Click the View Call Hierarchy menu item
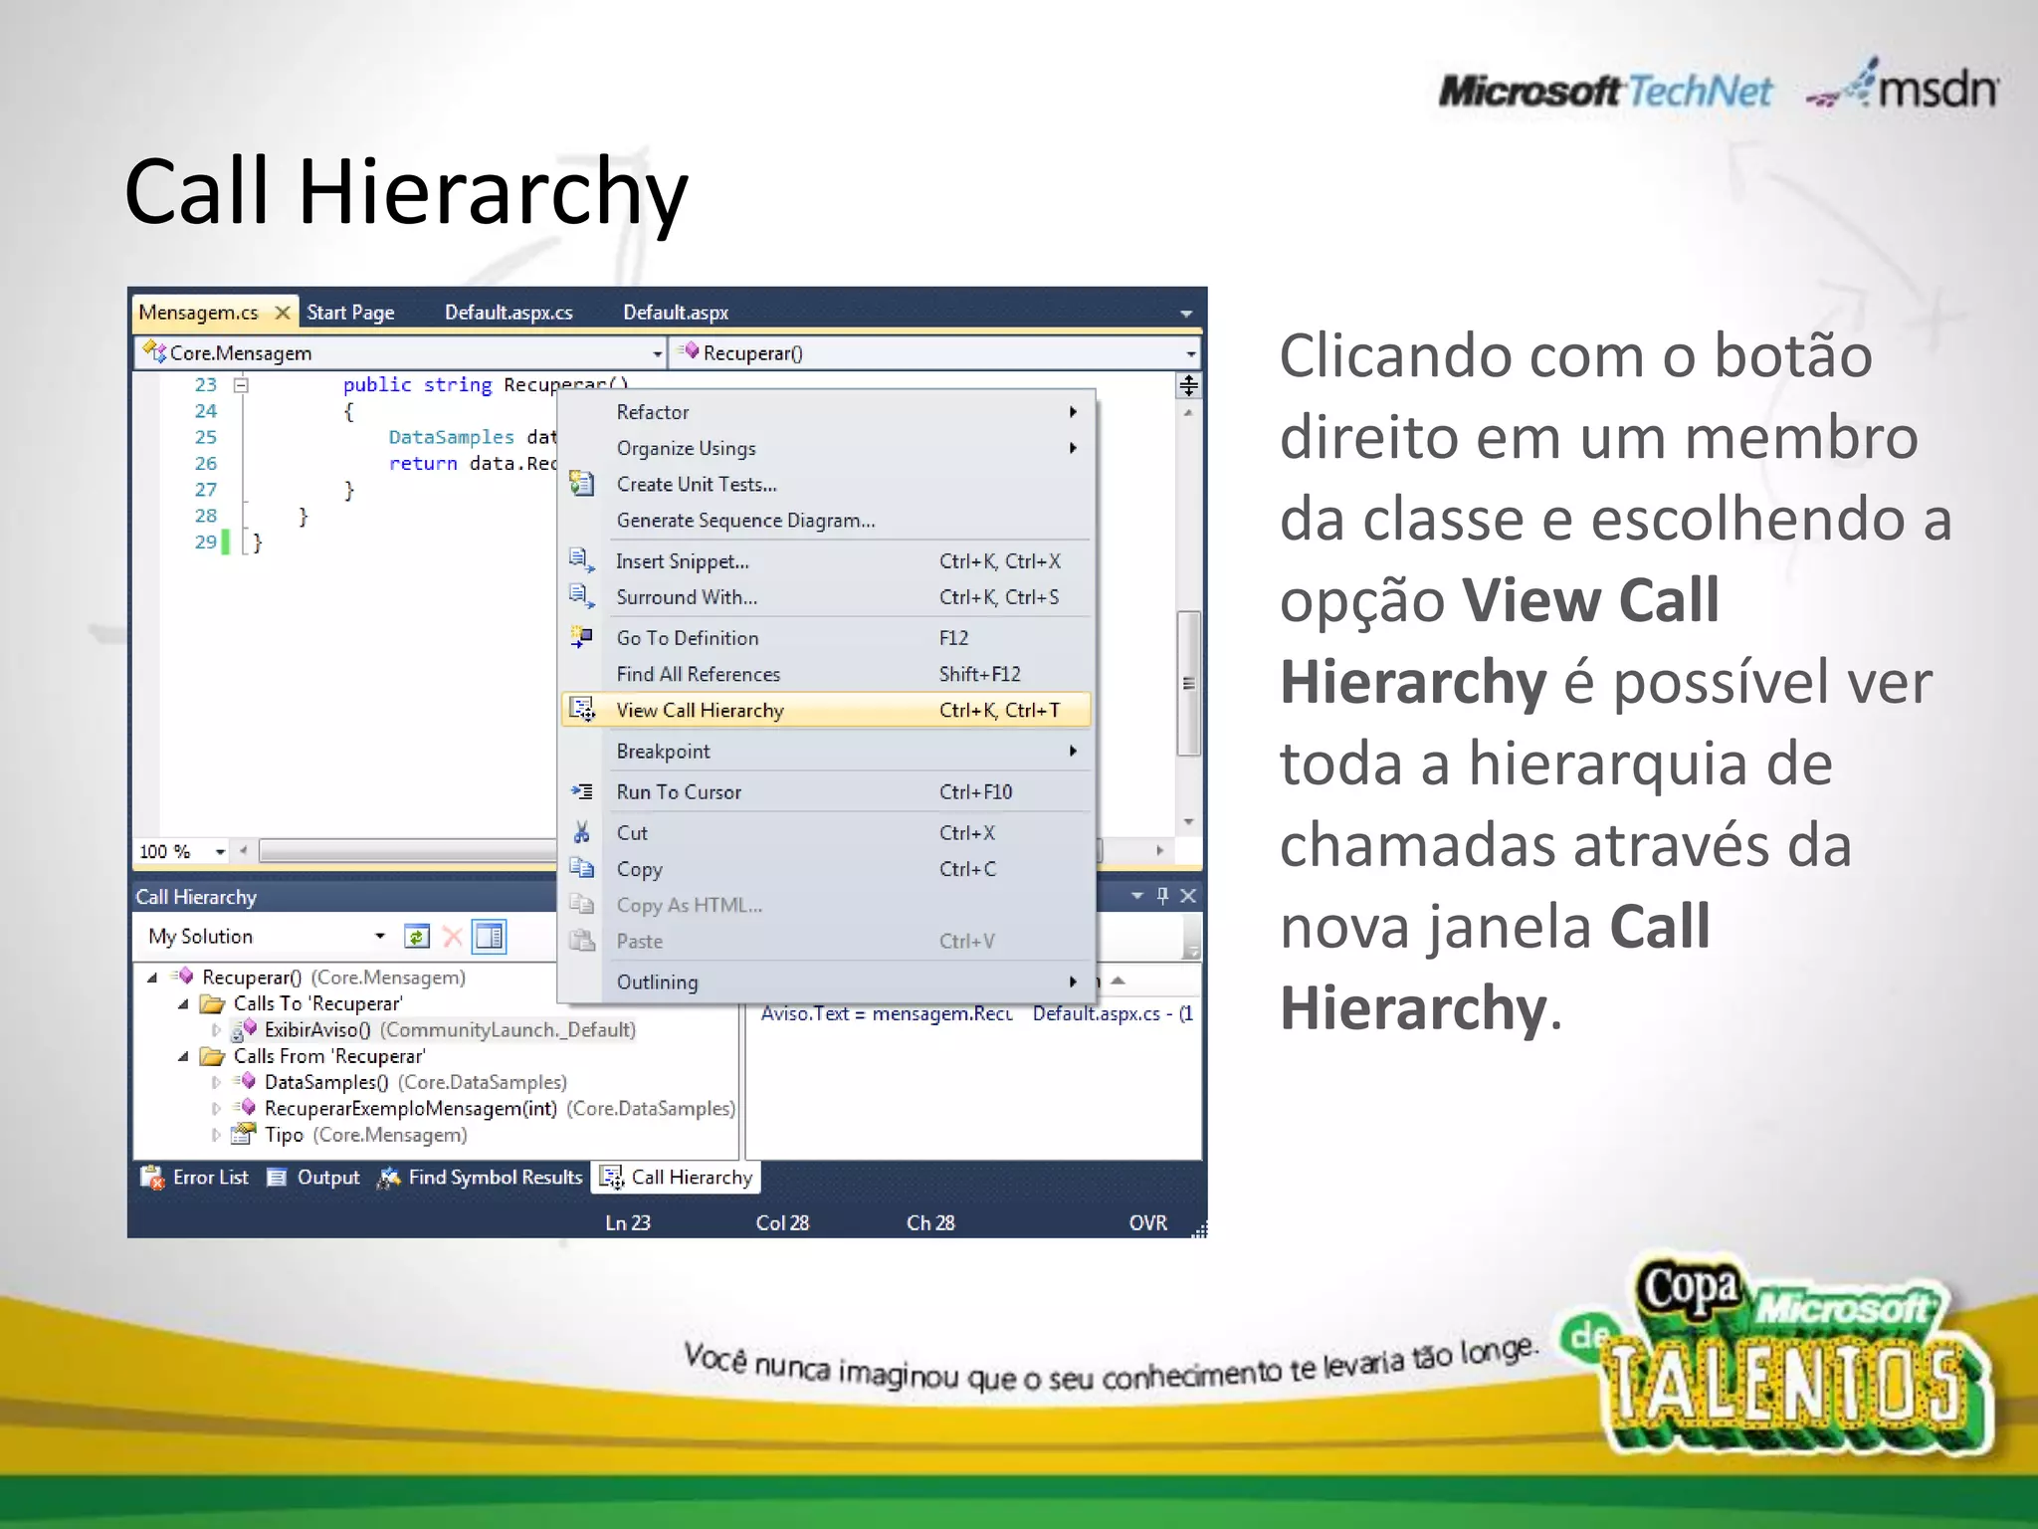coord(700,710)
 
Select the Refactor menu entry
coord(652,412)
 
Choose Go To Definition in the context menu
coord(687,638)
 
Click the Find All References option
coord(698,674)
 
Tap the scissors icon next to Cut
coord(582,832)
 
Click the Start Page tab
coord(350,313)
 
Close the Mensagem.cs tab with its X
coord(283,313)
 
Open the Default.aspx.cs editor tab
coord(509,313)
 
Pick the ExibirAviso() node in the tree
coord(316,1030)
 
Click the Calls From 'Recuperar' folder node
coord(328,1056)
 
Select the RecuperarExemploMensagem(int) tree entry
coord(410,1109)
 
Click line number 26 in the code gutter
coord(205,464)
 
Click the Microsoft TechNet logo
coord(1605,92)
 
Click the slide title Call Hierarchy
coord(406,191)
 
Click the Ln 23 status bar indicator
coord(628,1223)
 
